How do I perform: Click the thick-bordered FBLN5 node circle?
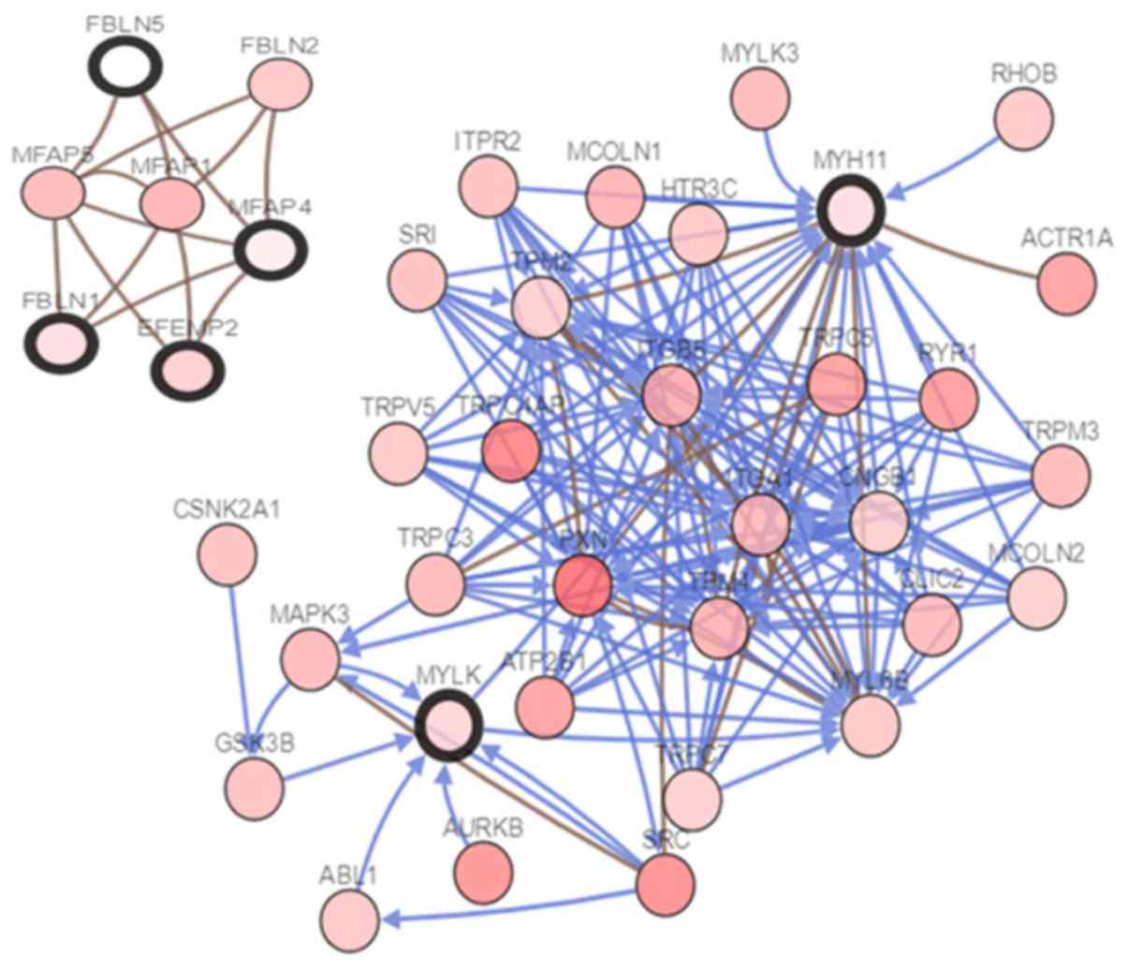[125, 66]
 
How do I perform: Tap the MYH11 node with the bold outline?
[851, 211]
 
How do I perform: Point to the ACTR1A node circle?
[1067, 284]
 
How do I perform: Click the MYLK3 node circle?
[759, 98]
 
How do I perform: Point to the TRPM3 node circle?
[1062, 475]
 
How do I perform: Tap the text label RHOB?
[1023, 74]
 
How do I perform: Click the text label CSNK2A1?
[227, 510]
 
